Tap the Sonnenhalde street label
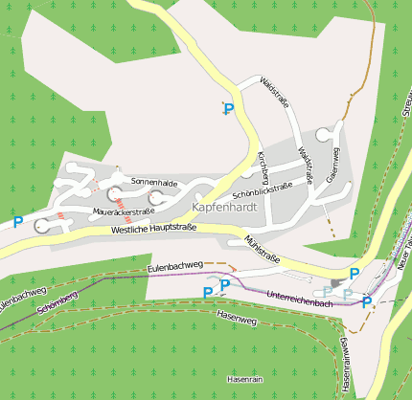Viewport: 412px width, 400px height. pos(155,181)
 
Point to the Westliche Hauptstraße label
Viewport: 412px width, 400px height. pos(153,228)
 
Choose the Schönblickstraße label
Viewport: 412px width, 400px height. pos(263,189)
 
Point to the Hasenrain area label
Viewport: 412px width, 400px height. pos(244,380)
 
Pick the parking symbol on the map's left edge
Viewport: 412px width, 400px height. pos(18,222)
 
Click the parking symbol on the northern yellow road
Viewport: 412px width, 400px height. pos(228,110)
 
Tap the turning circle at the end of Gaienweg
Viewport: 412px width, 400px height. pos(336,128)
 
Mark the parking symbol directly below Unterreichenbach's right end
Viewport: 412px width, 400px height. pos(366,301)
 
